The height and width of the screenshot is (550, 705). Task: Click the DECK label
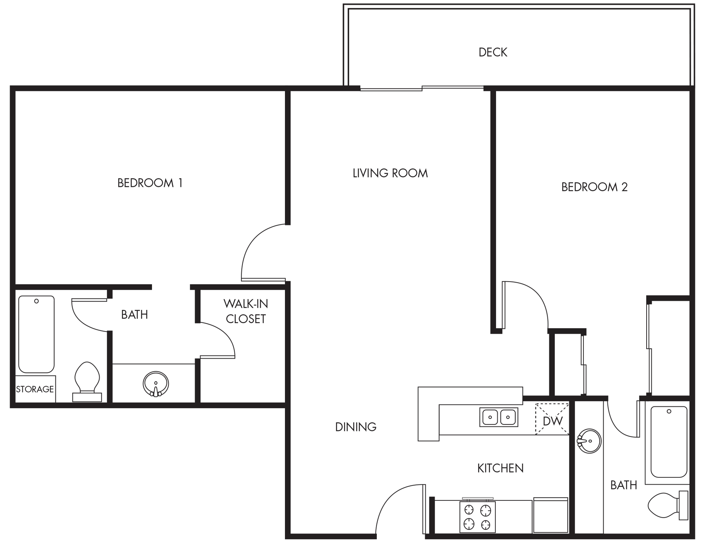493,53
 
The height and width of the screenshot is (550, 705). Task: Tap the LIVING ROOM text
390,173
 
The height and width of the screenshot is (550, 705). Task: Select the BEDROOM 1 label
150,183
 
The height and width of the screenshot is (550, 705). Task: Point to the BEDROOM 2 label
594,187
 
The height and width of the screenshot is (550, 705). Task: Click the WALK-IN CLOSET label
246,311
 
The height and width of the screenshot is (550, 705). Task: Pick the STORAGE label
35,389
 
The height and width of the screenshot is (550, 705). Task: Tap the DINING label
355,427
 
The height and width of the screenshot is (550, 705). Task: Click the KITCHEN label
500,468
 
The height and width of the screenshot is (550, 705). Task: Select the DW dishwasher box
552,419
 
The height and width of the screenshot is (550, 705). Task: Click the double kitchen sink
499,417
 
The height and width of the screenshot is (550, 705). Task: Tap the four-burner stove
477,517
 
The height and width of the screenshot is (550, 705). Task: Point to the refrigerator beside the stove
550,515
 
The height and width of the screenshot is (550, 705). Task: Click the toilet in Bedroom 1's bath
87,382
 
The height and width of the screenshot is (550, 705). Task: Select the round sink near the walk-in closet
156,384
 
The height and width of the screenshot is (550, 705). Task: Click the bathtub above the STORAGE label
36,334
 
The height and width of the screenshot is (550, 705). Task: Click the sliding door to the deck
422,88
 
